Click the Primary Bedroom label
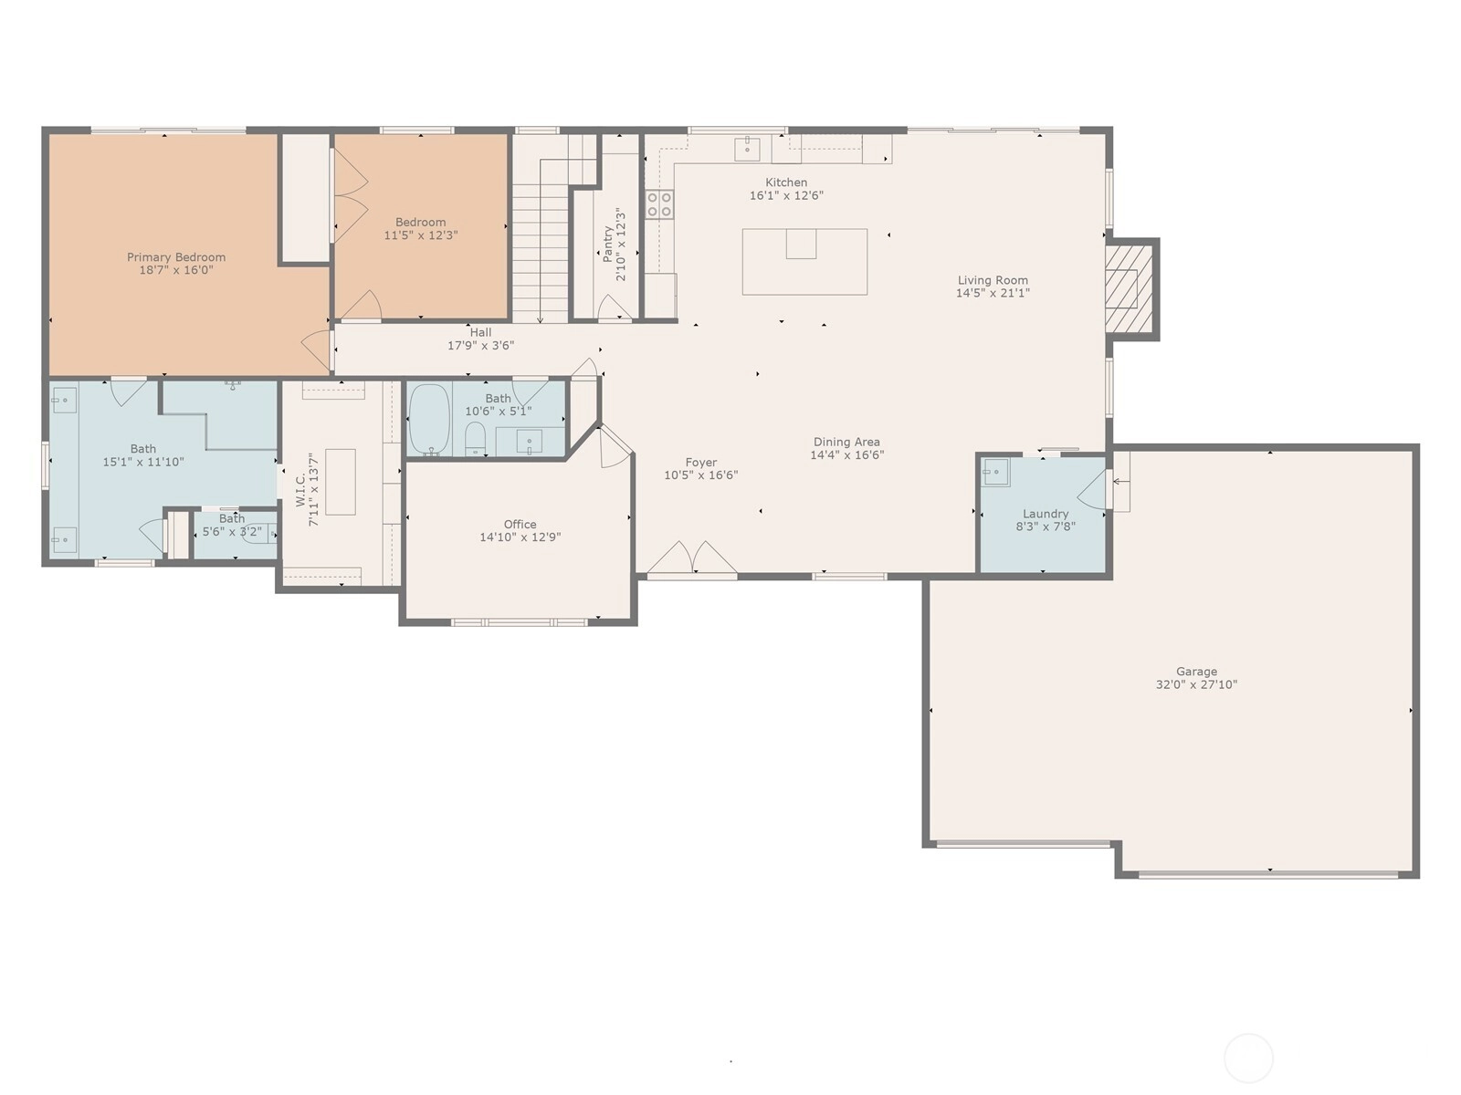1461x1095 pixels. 176,257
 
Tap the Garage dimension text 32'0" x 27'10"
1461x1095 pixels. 1196,684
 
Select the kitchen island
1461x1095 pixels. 804,261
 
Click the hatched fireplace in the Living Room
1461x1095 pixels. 1128,288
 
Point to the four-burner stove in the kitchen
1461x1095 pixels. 659,204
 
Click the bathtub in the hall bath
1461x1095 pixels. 429,419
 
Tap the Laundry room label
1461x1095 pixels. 1045,514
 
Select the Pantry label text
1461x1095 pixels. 608,244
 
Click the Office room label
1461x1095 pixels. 520,525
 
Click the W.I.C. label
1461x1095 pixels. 300,489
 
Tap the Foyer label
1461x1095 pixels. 701,462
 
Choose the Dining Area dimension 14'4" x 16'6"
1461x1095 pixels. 846,454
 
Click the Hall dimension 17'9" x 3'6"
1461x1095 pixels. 480,345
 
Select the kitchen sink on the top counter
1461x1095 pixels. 748,149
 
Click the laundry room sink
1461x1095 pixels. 995,473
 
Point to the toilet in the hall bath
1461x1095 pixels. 475,439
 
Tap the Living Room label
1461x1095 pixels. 993,280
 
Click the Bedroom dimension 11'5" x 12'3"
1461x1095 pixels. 421,235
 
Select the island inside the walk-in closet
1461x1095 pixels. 340,482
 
